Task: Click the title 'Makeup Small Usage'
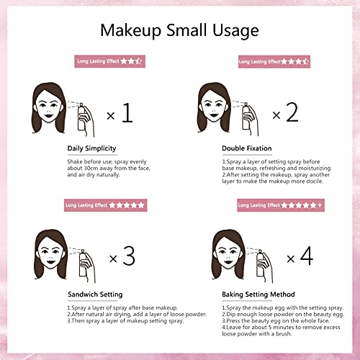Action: point(179,31)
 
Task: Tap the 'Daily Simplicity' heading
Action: point(86,149)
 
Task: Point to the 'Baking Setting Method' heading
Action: point(257,294)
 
